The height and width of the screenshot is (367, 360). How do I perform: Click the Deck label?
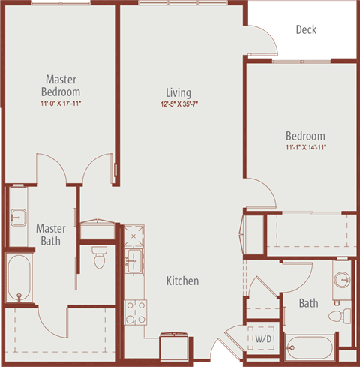click(x=306, y=29)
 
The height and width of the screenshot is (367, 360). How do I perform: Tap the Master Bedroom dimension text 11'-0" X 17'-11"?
click(x=61, y=103)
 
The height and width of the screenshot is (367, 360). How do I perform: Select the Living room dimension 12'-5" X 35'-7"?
click(x=179, y=104)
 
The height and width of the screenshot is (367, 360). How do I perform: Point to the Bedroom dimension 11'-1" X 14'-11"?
click(x=306, y=147)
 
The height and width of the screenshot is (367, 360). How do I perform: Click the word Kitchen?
click(x=183, y=281)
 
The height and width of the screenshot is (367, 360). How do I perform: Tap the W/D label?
click(x=263, y=339)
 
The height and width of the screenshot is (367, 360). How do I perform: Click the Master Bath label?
click(x=51, y=235)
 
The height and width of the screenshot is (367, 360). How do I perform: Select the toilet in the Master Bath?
click(x=99, y=257)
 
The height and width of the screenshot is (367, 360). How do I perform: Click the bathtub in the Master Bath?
click(x=19, y=278)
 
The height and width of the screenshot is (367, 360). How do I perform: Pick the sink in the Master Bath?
click(x=18, y=218)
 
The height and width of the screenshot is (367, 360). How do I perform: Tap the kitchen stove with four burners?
click(x=136, y=312)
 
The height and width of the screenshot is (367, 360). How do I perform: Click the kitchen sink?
click(x=133, y=261)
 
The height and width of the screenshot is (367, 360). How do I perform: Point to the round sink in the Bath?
click(x=342, y=280)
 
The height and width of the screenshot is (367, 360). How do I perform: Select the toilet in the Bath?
click(x=340, y=316)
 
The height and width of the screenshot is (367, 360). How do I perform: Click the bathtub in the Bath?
click(x=310, y=347)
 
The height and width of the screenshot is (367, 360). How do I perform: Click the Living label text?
click(x=178, y=92)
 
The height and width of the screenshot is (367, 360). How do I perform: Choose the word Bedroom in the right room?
click(x=306, y=136)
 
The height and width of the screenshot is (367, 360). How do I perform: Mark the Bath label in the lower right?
click(x=309, y=303)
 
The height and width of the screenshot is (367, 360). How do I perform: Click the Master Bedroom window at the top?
click(x=61, y=3)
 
